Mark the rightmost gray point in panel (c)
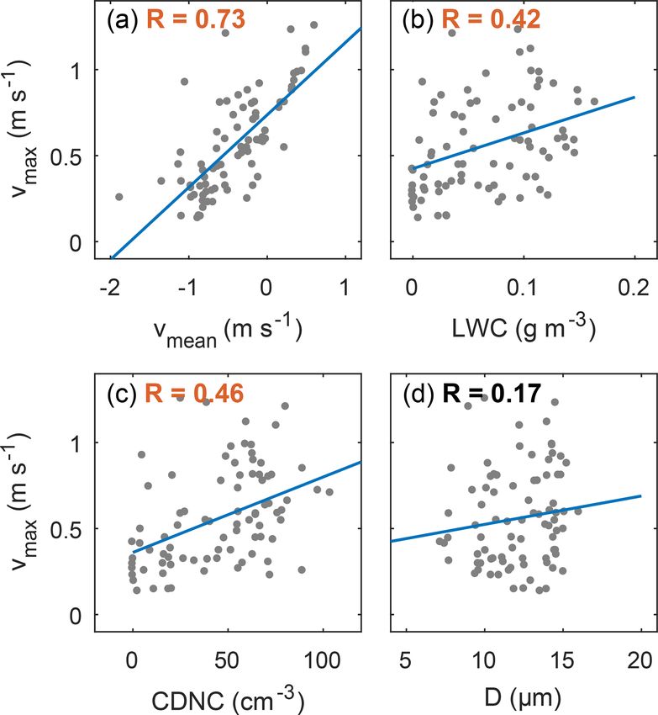click(x=329, y=492)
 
